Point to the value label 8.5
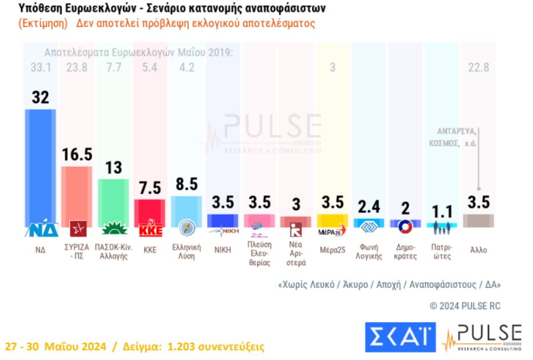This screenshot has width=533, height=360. (x=186, y=184)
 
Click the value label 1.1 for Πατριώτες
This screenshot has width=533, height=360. (x=441, y=212)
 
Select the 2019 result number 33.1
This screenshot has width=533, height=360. (x=40, y=67)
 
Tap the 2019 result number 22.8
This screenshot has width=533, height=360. (x=478, y=67)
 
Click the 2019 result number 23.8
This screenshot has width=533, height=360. (x=77, y=67)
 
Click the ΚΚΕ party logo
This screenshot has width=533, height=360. (x=150, y=230)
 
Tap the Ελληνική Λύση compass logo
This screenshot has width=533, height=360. (x=186, y=229)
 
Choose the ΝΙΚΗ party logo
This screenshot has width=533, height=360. (x=222, y=231)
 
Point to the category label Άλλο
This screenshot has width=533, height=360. (x=478, y=250)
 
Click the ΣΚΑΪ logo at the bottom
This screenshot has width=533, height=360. (x=400, y=337)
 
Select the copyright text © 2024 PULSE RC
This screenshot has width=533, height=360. (x=465, y=306)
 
